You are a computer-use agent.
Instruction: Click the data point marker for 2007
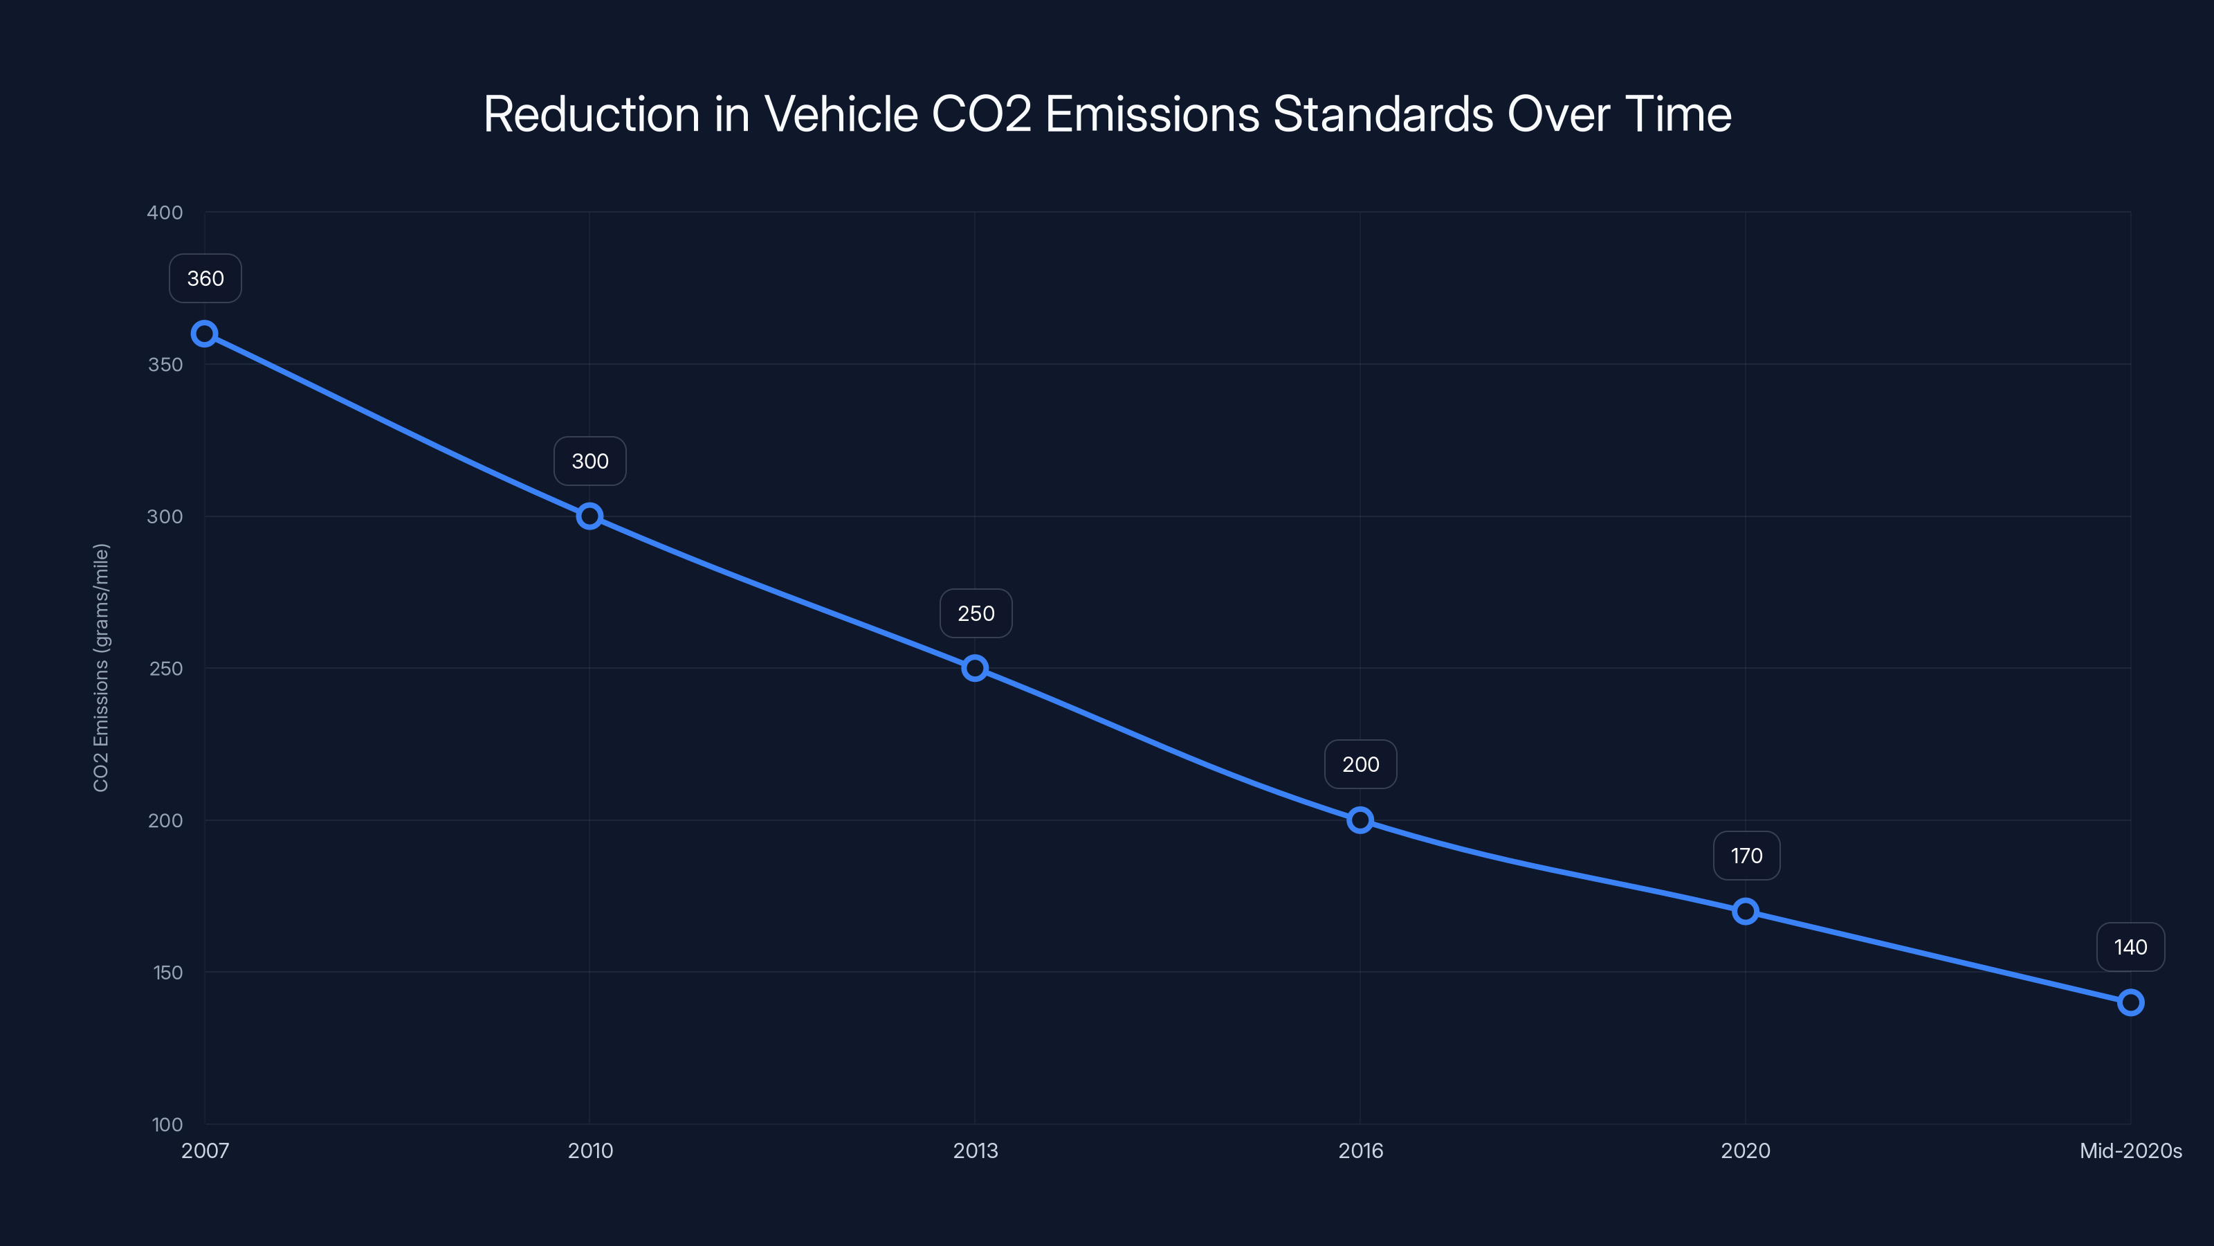click(x=205, y=334)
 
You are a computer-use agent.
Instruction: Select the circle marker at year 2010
click(x=589, y=516)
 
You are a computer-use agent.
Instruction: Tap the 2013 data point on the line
click(x=975, y=668)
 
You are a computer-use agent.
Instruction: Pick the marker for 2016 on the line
click(x=1360, y=820)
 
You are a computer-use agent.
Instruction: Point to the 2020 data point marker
click(x=1745, y=912)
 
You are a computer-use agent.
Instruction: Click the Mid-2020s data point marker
click(x=2130, y=1002)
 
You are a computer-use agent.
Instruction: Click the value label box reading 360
click(x=205, y=278)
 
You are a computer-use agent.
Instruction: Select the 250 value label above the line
click(x=976, y=614)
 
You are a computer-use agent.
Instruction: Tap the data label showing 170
click(x=1746, y=856)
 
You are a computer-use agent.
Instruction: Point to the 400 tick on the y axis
click(x=165, y=213)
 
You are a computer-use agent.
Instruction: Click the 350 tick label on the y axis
click(x=165, y=365)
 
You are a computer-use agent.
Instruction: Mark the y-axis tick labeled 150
click(x=167, y=973)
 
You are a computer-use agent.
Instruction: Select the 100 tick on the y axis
click(x=167, y=1125)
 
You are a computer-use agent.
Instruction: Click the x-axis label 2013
click(x=976, y=1150)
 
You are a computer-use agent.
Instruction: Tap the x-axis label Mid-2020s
click(x=2130, y=1150)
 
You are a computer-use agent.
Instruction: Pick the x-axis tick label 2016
click(x=1360, y=1150)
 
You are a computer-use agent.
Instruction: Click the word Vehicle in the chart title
click(x=841, y=114)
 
